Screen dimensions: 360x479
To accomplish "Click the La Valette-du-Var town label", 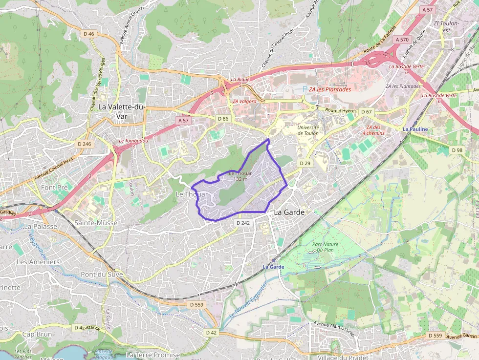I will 122,111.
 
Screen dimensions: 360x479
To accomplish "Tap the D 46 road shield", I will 88,34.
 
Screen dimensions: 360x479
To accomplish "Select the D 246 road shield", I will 84,144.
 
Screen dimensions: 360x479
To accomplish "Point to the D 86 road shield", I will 222,119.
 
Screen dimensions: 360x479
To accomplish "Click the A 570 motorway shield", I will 402,40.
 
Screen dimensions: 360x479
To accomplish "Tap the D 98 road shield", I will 457,150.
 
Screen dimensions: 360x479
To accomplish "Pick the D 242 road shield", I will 243,223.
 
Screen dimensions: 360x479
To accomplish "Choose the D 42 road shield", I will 211,332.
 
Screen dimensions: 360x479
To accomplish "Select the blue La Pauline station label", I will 415,129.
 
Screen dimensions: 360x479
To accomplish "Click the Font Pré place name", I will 55,187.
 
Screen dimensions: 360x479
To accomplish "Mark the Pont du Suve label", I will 102,274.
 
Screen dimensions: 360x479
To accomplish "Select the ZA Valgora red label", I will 244,101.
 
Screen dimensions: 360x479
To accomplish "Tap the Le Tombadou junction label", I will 133,141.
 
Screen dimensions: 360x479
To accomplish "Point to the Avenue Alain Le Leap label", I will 333,328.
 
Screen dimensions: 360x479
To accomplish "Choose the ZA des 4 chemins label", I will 373,130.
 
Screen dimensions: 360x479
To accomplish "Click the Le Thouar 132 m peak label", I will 240,176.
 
